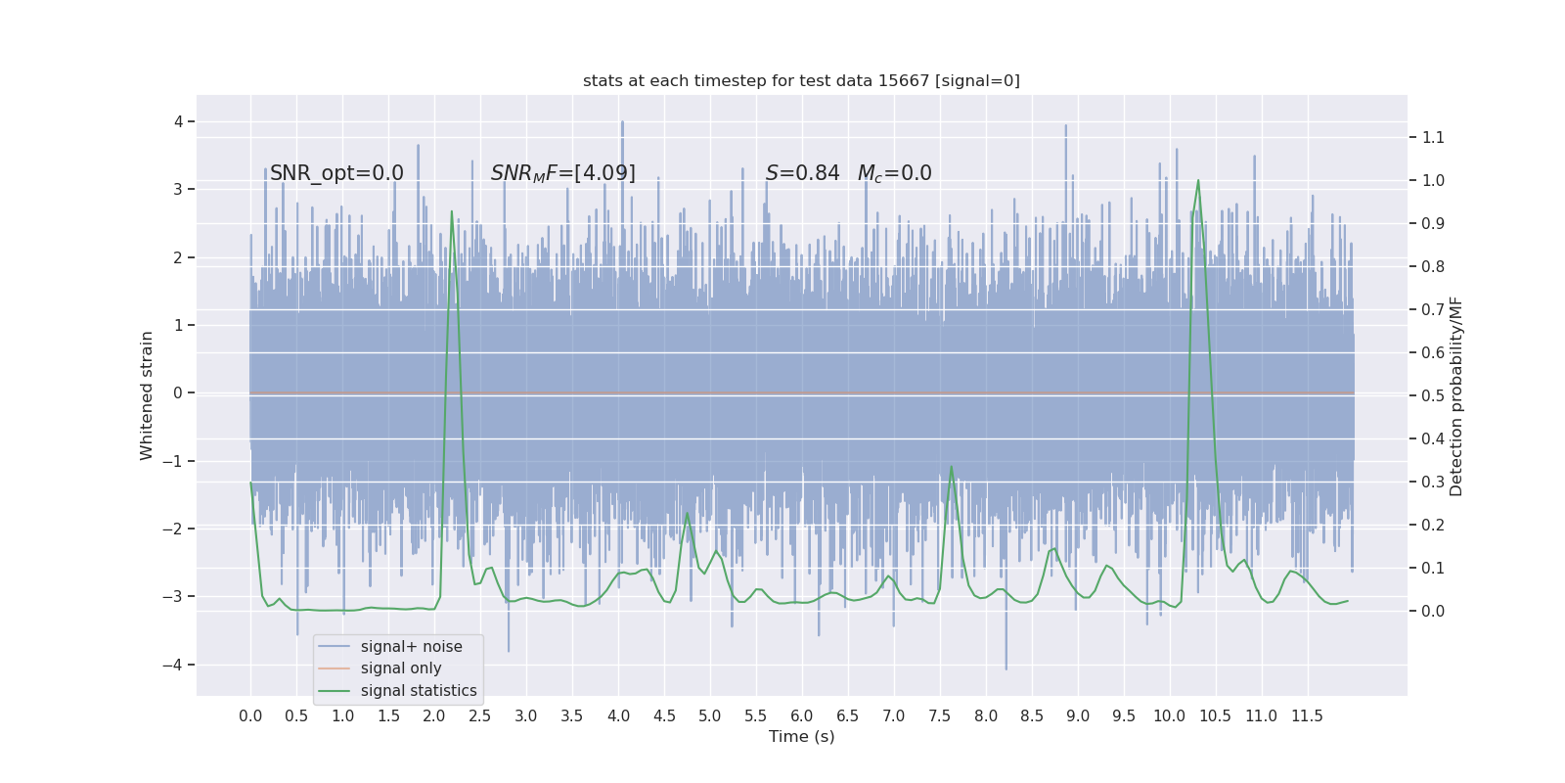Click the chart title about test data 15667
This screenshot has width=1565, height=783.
[x=801, y=80]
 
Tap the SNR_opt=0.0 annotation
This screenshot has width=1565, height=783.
[x=336, y=173]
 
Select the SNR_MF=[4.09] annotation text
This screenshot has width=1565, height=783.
[x=562, y=173]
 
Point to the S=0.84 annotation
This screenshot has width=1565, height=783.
[x=802, y=173]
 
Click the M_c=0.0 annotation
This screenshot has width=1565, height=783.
[x=894, y=173]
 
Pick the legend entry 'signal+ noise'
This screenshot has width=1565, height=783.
[x=411, y=647]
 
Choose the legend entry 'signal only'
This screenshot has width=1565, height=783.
[x=401, y=668]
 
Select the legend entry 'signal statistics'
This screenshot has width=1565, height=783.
[x=419, y=691]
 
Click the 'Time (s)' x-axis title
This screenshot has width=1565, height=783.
[x=801, y=736]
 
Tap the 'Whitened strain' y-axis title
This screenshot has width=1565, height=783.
[x=147, y=395]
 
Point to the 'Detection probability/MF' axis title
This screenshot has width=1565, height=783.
[x=1456, y=395]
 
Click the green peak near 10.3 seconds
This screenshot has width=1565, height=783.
[x=1198, y=181]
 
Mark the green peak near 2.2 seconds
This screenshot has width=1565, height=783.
[x=451, y=211]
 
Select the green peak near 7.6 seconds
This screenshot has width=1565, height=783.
[x=951, y=467]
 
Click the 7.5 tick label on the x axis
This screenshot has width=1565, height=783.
[x=940, y=715]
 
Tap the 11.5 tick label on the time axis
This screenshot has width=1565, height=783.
[x=1307, y=715]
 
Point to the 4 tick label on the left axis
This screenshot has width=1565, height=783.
[x=179, y=121]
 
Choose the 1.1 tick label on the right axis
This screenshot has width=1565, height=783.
[x=1433, y=137]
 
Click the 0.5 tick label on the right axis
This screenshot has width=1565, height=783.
[x=1433, y=395]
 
